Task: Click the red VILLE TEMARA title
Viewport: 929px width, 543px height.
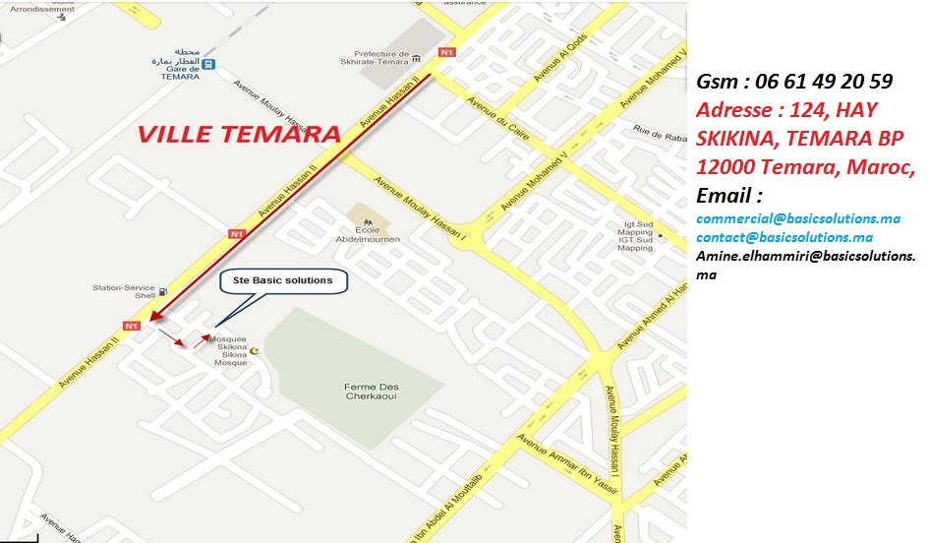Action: pos(239,134)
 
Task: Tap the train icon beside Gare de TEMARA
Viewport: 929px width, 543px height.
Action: pos(208,65)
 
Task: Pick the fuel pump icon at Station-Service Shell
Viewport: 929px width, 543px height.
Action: pos(163,291)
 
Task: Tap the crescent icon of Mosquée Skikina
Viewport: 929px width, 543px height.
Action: pos(257,350)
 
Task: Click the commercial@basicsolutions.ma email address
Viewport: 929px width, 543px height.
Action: pos(798,218)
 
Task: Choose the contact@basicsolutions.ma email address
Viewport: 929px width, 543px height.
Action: pos(784,237)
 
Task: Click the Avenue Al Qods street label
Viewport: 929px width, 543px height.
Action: pos(559,58)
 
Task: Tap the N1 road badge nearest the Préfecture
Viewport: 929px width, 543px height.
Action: pos(447,51)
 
